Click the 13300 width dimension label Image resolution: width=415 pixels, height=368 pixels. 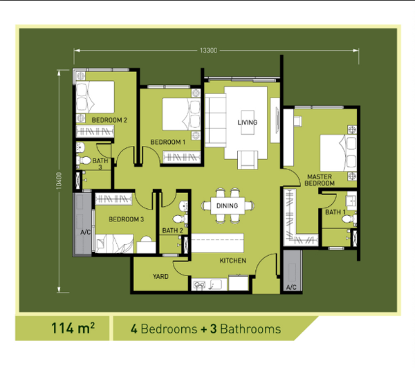click(209, 50)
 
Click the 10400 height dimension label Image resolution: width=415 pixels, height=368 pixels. click(59, 181)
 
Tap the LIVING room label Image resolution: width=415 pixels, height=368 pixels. click(248, 122)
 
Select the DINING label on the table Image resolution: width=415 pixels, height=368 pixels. click(227, 205)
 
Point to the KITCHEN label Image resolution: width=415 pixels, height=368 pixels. click(233, 261)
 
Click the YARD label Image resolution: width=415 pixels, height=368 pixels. click(160, 277)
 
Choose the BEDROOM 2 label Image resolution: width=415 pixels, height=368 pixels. click(109, 120)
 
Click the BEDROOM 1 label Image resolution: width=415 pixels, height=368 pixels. click(168, 142)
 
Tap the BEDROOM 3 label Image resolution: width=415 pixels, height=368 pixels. click(127, 219)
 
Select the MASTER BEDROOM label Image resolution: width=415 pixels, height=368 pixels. click(320, 180)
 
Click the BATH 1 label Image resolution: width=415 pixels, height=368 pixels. click(335, 212)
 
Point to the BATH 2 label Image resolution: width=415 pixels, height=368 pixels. click(172, 230)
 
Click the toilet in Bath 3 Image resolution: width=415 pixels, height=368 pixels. click(84, 160)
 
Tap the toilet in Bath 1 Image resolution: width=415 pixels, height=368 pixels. click(349, 219)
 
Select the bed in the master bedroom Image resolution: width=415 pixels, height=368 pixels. click(338, 153)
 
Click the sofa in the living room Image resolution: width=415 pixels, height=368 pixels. click(215, 120)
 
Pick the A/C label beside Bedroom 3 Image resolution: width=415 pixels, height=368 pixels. click(86, 232)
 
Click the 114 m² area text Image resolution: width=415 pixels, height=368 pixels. click(73, 329)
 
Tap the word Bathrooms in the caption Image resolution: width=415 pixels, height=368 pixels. click(250, 329)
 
